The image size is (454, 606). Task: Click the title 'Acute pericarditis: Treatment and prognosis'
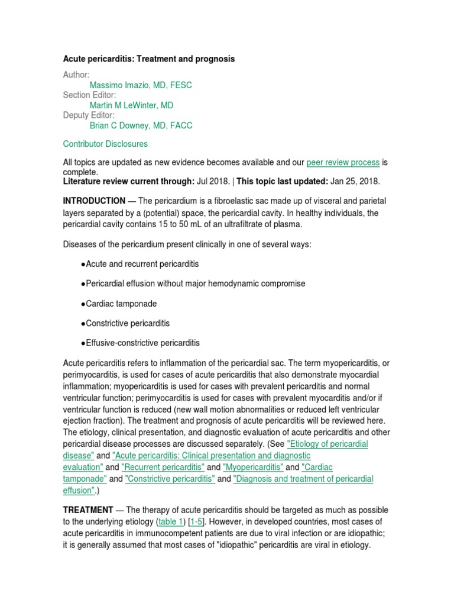(x=148, y=59)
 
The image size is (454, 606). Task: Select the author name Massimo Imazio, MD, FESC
(x=141, y=85)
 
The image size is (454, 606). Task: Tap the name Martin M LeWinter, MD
(x=131, y=105)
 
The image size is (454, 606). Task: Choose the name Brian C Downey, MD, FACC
(x=141, y=125)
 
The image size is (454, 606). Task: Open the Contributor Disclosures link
(x=105, y=144)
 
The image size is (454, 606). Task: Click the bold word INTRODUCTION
(x=94, y=201)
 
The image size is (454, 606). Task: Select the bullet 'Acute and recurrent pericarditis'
(x=142, y=263)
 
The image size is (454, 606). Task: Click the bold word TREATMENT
(x=88, y=510)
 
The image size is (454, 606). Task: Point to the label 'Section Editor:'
(x=89, y=95)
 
